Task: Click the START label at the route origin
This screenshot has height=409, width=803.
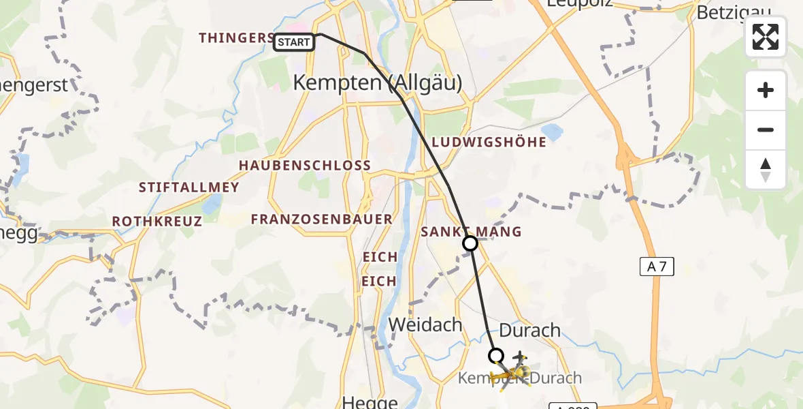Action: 294,42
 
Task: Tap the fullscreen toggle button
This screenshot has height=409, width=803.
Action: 766,37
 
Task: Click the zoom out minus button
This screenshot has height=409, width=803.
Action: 766,130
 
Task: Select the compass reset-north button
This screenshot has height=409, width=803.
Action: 766,170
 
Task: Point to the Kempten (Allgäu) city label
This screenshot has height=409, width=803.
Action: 377,83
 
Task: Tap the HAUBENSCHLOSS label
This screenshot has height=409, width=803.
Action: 304,166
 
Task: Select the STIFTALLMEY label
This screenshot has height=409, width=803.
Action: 189,187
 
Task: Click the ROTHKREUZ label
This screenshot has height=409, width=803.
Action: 157,222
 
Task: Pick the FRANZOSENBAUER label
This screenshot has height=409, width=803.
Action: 321,219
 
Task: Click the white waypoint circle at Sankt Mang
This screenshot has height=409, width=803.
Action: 470,243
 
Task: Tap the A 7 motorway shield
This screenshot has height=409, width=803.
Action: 657,267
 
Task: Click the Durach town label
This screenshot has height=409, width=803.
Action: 530,331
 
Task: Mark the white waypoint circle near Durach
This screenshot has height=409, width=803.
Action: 496,355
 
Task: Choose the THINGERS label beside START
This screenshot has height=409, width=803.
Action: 235,38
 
